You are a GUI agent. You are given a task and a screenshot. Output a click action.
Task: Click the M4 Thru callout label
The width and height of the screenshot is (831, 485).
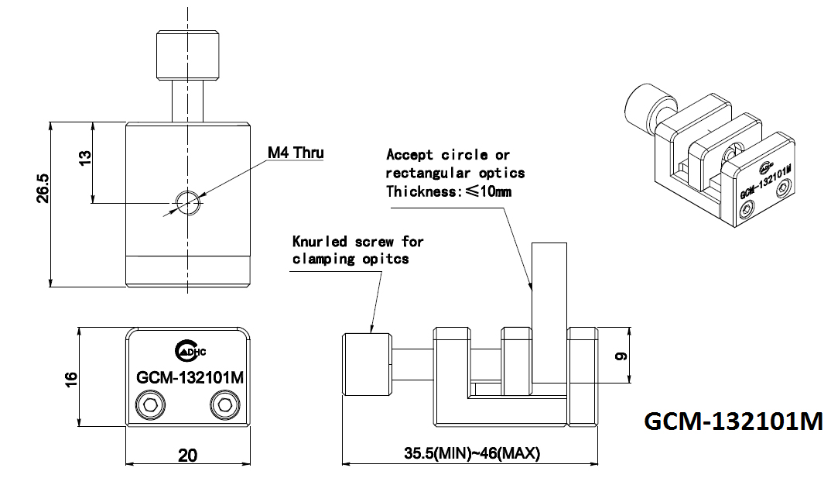[x=296, y=153]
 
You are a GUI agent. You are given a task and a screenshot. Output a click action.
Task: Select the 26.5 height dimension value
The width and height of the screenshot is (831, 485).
[x=43, y=188]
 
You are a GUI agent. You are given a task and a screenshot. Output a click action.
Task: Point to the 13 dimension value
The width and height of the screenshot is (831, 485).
[x=84, y=157]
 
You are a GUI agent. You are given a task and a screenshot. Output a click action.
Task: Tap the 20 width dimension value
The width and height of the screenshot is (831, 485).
[x=187, y=456]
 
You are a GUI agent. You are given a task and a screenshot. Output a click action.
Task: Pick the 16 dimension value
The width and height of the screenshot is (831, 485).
[x=71, y=379]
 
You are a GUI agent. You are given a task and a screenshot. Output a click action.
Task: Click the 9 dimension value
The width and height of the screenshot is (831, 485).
[x=621, y=356]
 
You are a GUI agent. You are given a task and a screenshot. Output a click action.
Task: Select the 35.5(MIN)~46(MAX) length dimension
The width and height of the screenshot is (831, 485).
[x=472, y=453]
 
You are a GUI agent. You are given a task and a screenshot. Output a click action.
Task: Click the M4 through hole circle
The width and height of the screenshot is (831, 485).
[x=187, y=202]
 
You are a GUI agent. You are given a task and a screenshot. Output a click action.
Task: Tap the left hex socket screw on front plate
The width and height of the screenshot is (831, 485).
[x=151, y=406]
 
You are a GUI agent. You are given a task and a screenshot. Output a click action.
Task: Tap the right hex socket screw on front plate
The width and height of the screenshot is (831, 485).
[x=224, y=406]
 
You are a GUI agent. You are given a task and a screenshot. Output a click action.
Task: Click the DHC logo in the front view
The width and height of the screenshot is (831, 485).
[x=190, y=350]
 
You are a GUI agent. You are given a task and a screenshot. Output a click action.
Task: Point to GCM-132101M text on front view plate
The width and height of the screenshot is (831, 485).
[x=190, y=377]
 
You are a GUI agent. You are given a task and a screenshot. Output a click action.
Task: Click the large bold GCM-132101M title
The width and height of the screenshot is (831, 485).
[x=734, y=421]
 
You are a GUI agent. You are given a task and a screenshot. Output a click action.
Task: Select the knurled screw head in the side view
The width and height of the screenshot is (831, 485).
[x=367, y=364]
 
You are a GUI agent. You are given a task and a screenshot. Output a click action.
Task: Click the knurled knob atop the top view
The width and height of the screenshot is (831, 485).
[x=187, y=55]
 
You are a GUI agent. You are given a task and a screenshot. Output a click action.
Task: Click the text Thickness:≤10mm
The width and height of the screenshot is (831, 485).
[x=449, y=191]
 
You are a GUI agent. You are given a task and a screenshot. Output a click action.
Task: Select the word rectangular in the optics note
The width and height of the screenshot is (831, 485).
[x=428, y=173]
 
